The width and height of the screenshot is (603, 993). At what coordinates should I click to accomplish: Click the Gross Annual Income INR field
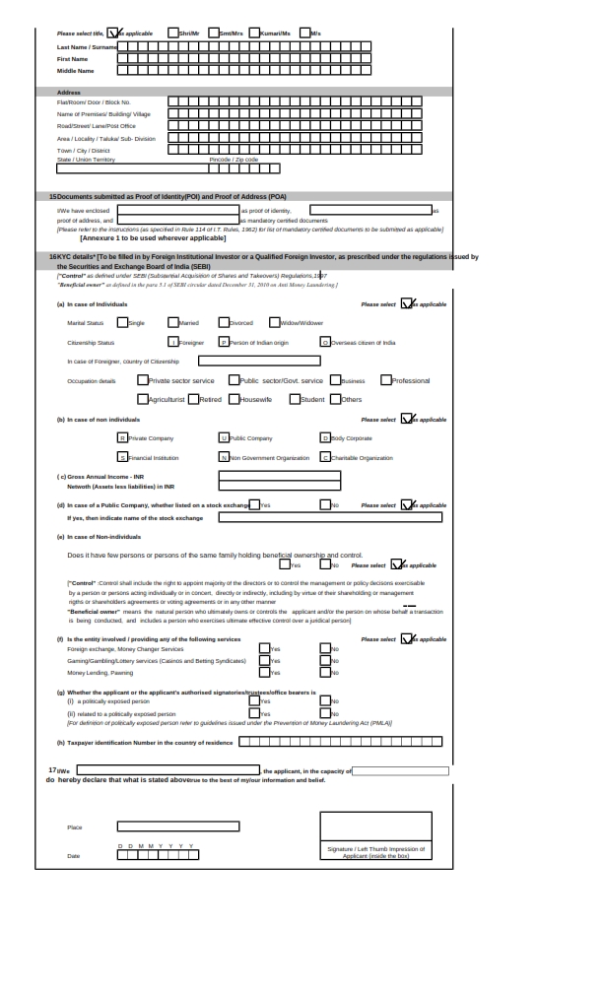279,475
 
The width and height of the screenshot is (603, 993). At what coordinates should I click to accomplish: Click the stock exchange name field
330,516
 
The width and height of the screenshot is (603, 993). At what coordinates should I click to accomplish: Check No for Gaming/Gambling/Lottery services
326,660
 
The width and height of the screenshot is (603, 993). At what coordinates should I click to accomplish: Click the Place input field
177,826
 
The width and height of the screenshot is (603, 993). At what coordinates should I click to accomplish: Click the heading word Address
68,92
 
